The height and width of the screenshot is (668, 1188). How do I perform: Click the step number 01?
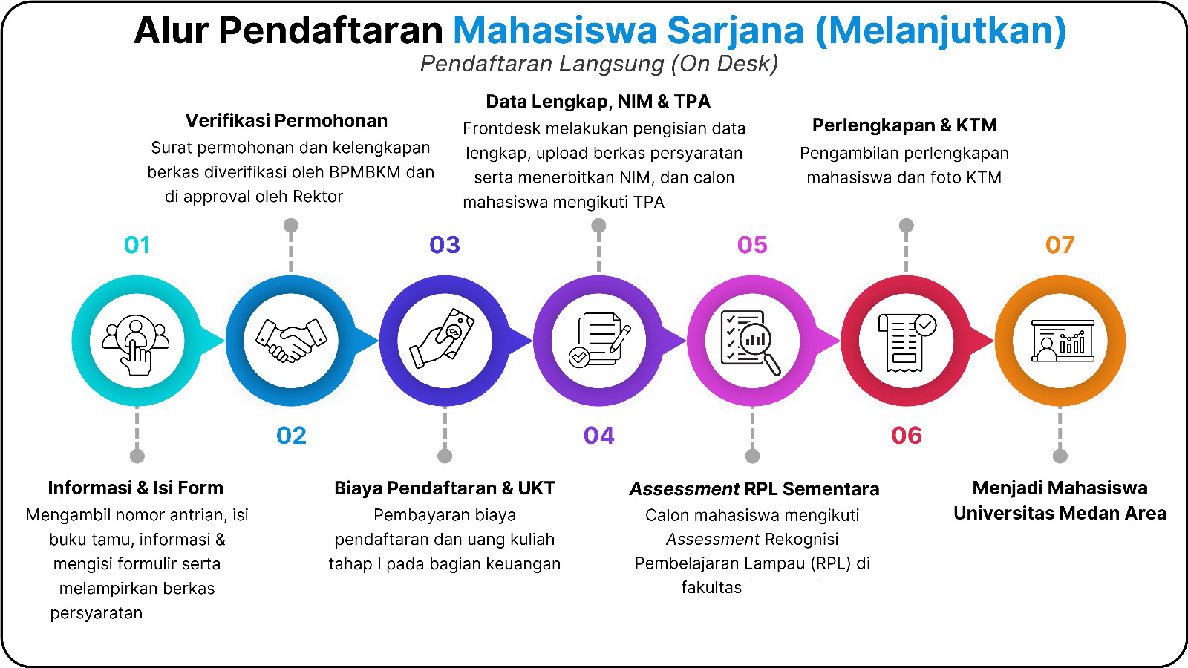click(x=137, y=245)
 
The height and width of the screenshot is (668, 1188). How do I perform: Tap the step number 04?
click(x=598, y=436)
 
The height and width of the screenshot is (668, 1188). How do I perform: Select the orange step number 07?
click(x=1060, y=245)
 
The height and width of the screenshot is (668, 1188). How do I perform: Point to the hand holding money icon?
click(x=443, y=338)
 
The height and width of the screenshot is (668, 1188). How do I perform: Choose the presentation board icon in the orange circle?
click(x=1063, y=341)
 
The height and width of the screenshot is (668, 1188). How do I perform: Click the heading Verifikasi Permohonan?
click(x=287, y=121)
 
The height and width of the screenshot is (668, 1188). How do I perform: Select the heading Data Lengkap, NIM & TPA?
click(x=598, y=101)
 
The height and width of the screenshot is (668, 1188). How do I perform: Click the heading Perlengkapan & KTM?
click(x=905, y=125)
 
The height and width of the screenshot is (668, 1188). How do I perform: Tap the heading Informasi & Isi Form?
click(x=136, y=488)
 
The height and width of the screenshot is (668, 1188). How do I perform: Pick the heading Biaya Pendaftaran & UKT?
click(x=445, y=488)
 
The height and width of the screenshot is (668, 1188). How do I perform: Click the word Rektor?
click(x=318, y=197)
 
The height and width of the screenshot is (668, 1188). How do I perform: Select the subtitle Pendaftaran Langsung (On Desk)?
click(x=599, y=64)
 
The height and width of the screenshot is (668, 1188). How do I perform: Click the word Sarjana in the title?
click(x=735, y=30)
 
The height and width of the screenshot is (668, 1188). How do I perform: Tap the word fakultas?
click(x=711, y=587)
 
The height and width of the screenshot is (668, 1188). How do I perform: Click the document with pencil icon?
click(x=599, y=340)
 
